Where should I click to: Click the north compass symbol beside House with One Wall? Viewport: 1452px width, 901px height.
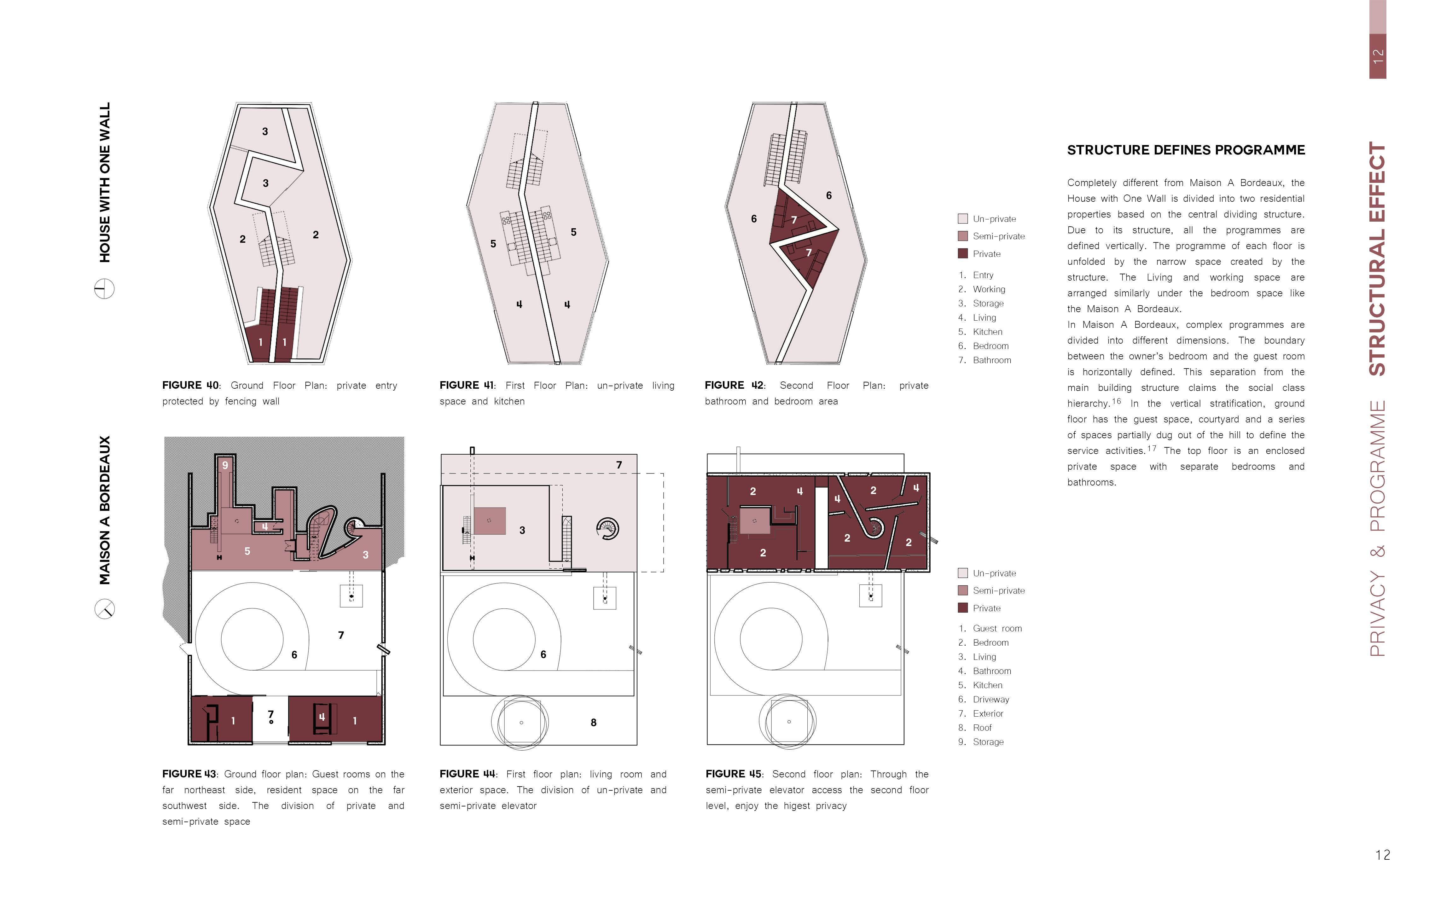[104, 289]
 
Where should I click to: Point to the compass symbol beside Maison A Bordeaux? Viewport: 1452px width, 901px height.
[104, 609]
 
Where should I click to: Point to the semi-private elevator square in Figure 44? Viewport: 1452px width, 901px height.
[490, 521]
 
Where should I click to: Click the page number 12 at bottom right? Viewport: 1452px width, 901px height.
[1382, 855]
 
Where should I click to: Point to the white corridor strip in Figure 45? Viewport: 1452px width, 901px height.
[821, 527]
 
